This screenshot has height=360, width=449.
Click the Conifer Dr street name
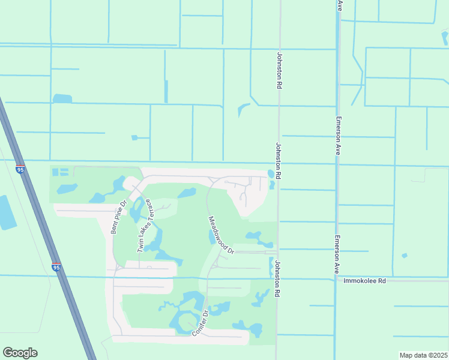tap(200, 322)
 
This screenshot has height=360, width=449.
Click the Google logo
tap(20, 353)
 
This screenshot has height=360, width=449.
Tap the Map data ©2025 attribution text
tap(423, 355)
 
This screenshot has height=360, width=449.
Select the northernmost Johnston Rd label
tap(279, 70)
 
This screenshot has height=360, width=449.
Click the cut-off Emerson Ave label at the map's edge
tap(340, 5)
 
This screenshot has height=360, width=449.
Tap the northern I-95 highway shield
tap(20, 170)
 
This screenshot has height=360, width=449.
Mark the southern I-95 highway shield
tap(56, 267)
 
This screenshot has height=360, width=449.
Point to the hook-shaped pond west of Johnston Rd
tap(243, 110)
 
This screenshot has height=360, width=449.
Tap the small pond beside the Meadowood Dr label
tap(212, 238)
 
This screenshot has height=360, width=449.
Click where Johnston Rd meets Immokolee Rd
tap(277, 278)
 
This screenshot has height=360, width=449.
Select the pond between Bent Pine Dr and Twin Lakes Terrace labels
tap(134, 209)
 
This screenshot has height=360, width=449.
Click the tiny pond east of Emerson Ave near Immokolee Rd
tap(405, 256)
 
